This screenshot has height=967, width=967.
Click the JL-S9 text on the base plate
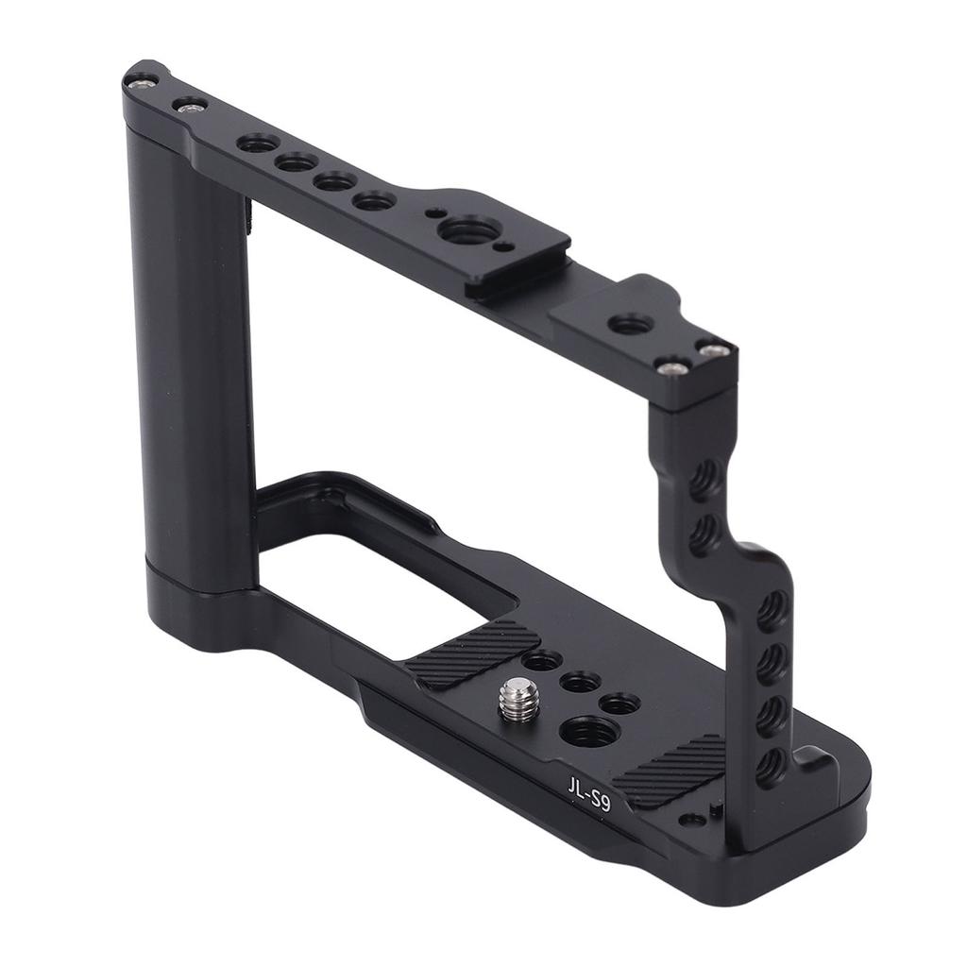(x=589, y=791)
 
